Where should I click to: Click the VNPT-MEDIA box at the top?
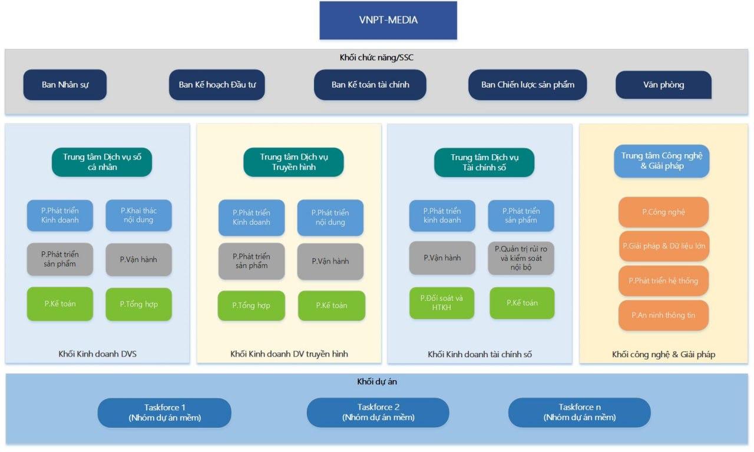point(388,20)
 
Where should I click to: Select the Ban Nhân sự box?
point(65,84)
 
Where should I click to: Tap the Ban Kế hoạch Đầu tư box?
point(217,84)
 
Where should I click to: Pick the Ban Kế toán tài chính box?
point(370,84)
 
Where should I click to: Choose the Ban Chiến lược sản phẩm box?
point(527,84)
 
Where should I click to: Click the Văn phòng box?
point(663,84)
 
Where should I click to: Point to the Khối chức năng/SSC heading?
point(377,57)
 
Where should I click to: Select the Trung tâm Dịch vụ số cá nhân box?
point(102,162)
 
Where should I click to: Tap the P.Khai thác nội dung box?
point(138,215)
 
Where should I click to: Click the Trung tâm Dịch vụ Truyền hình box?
point(293,162)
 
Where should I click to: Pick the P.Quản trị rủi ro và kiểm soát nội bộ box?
point(521,258)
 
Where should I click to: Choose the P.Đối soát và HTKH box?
point(442,303)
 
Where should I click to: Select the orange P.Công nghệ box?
point(663,212)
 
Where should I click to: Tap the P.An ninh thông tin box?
point(663,315)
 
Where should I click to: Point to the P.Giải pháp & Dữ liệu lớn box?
point(663,245)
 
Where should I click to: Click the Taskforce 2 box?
point(378,413)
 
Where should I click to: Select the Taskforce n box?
point(579,413)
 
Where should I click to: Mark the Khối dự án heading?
point(377,381)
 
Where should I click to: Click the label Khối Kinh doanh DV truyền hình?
point(289,354)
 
